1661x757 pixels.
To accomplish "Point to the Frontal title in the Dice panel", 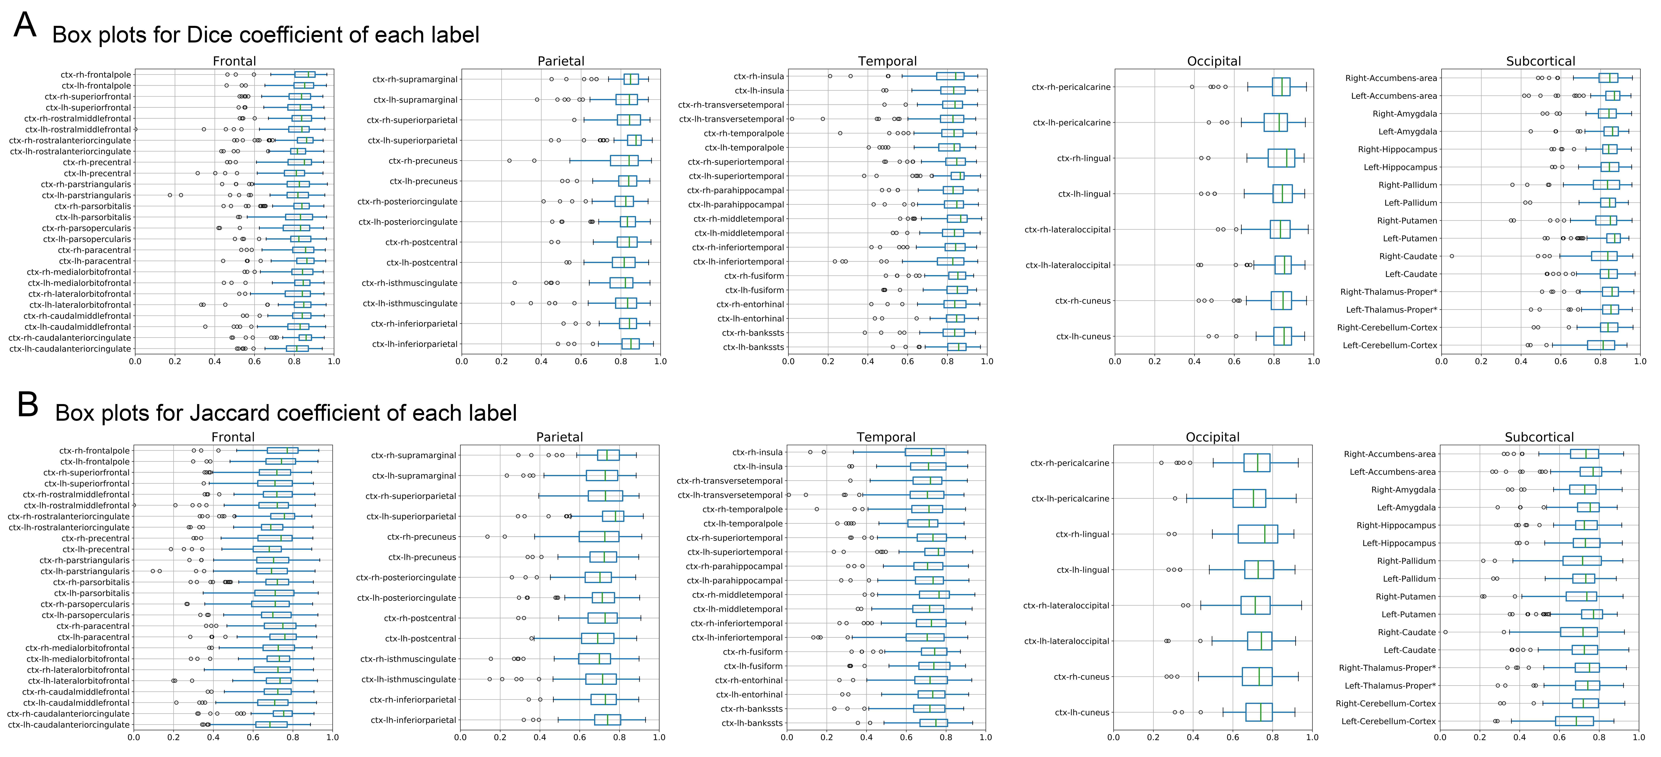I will [x=234, y=61].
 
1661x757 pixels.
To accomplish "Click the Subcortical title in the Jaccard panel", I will [x=1539, y=437].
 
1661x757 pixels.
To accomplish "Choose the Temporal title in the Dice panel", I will [x=887, y=61].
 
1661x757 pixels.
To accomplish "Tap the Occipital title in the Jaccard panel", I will [x=1212, y=437].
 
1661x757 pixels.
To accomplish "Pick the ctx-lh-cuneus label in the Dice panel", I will [x=1083, y=337].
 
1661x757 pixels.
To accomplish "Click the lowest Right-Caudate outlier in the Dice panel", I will [x=1452, y=256].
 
